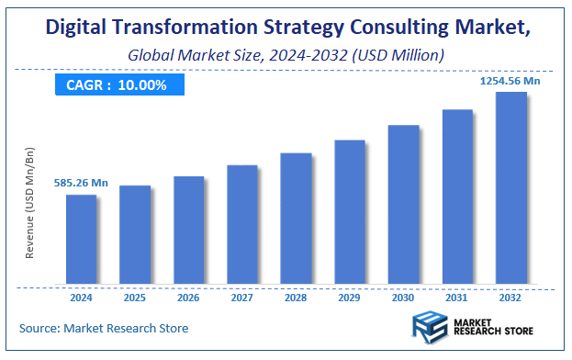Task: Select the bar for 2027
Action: (x=242, y=224)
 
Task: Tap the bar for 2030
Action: (x=403, y=204)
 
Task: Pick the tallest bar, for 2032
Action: (x=510, y=187)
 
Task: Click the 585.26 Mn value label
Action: (x=82, y=184)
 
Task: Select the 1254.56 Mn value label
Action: (x=510, y=82)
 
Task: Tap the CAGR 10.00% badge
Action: (x=117, y=84)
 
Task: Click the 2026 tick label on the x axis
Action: (x=188, y=297)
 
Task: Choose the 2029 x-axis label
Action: (x=350, y=297)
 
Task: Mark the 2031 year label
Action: (x=457, y=297)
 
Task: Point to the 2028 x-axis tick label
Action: (x=296, y=297)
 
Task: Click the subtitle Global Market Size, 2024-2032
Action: (x=286, y=56)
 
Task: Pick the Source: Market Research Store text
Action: (x=103, y=328)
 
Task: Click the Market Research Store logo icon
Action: (x=429, y=328)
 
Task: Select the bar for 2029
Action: (x=350, y=211)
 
